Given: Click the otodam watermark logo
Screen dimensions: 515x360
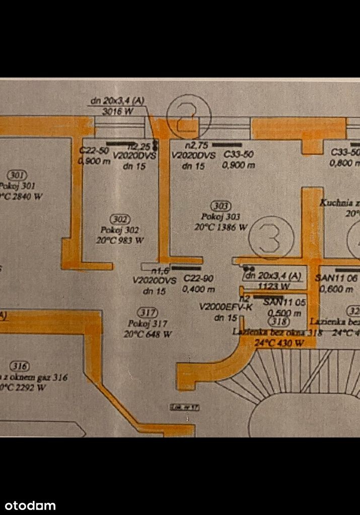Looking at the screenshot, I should [x=28, y=505].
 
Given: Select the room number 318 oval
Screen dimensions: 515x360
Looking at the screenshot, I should [x=278, y=322].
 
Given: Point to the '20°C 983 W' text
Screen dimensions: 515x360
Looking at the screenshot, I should [x=120, y=240].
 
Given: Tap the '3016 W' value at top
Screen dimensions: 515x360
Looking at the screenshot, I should [x=117, y=111].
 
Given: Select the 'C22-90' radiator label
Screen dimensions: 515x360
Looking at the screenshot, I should [x=195, y=278].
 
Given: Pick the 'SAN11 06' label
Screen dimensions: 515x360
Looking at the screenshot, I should [x=336, y=277].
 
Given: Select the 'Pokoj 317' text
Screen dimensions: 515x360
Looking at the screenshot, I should [x=147, y=323].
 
